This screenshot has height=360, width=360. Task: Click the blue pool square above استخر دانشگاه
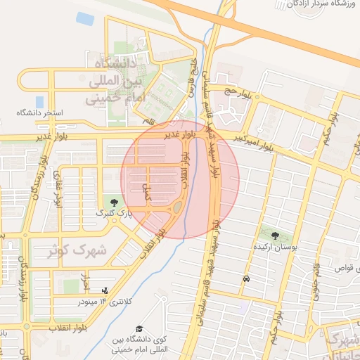[39, 101]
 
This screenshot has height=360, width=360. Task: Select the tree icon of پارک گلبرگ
[104, 202]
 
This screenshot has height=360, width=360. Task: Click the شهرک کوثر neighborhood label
[77, 250]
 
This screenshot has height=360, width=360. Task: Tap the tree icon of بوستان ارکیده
[274, 236]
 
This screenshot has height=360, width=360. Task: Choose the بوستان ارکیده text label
[276, 247]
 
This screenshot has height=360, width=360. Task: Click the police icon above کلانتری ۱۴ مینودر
[105, 290]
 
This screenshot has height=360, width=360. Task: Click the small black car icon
[245, 279]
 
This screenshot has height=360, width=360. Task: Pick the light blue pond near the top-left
[85, 18]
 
